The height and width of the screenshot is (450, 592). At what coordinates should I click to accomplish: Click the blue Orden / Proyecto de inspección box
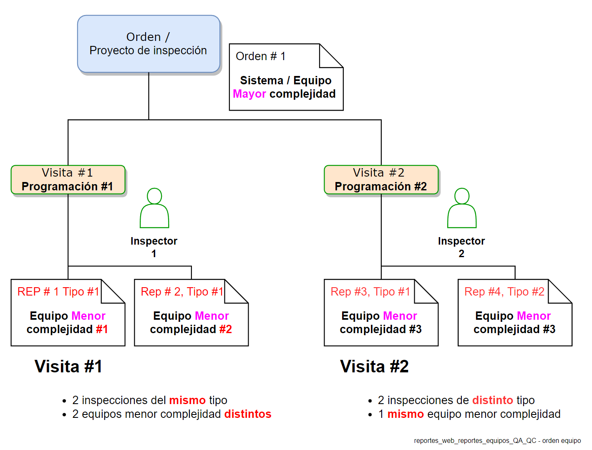[149, 44]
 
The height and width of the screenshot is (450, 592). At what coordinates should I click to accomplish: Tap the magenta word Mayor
[249, 94]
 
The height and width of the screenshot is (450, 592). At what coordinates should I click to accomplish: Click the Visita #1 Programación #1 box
[68, 180]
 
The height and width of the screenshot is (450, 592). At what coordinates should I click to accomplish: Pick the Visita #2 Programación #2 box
[381, 180]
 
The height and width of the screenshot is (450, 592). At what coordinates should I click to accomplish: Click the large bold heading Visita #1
[68, 367]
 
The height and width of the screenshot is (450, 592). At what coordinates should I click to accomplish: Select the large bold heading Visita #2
[374, 367]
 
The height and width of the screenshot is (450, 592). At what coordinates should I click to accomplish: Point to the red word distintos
[248, 414]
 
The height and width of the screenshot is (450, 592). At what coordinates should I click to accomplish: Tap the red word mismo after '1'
[406, 414]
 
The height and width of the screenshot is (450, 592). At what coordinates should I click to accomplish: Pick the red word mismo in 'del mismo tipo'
[187, 400]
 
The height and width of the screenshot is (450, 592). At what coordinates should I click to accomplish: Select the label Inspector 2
[461, 247]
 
